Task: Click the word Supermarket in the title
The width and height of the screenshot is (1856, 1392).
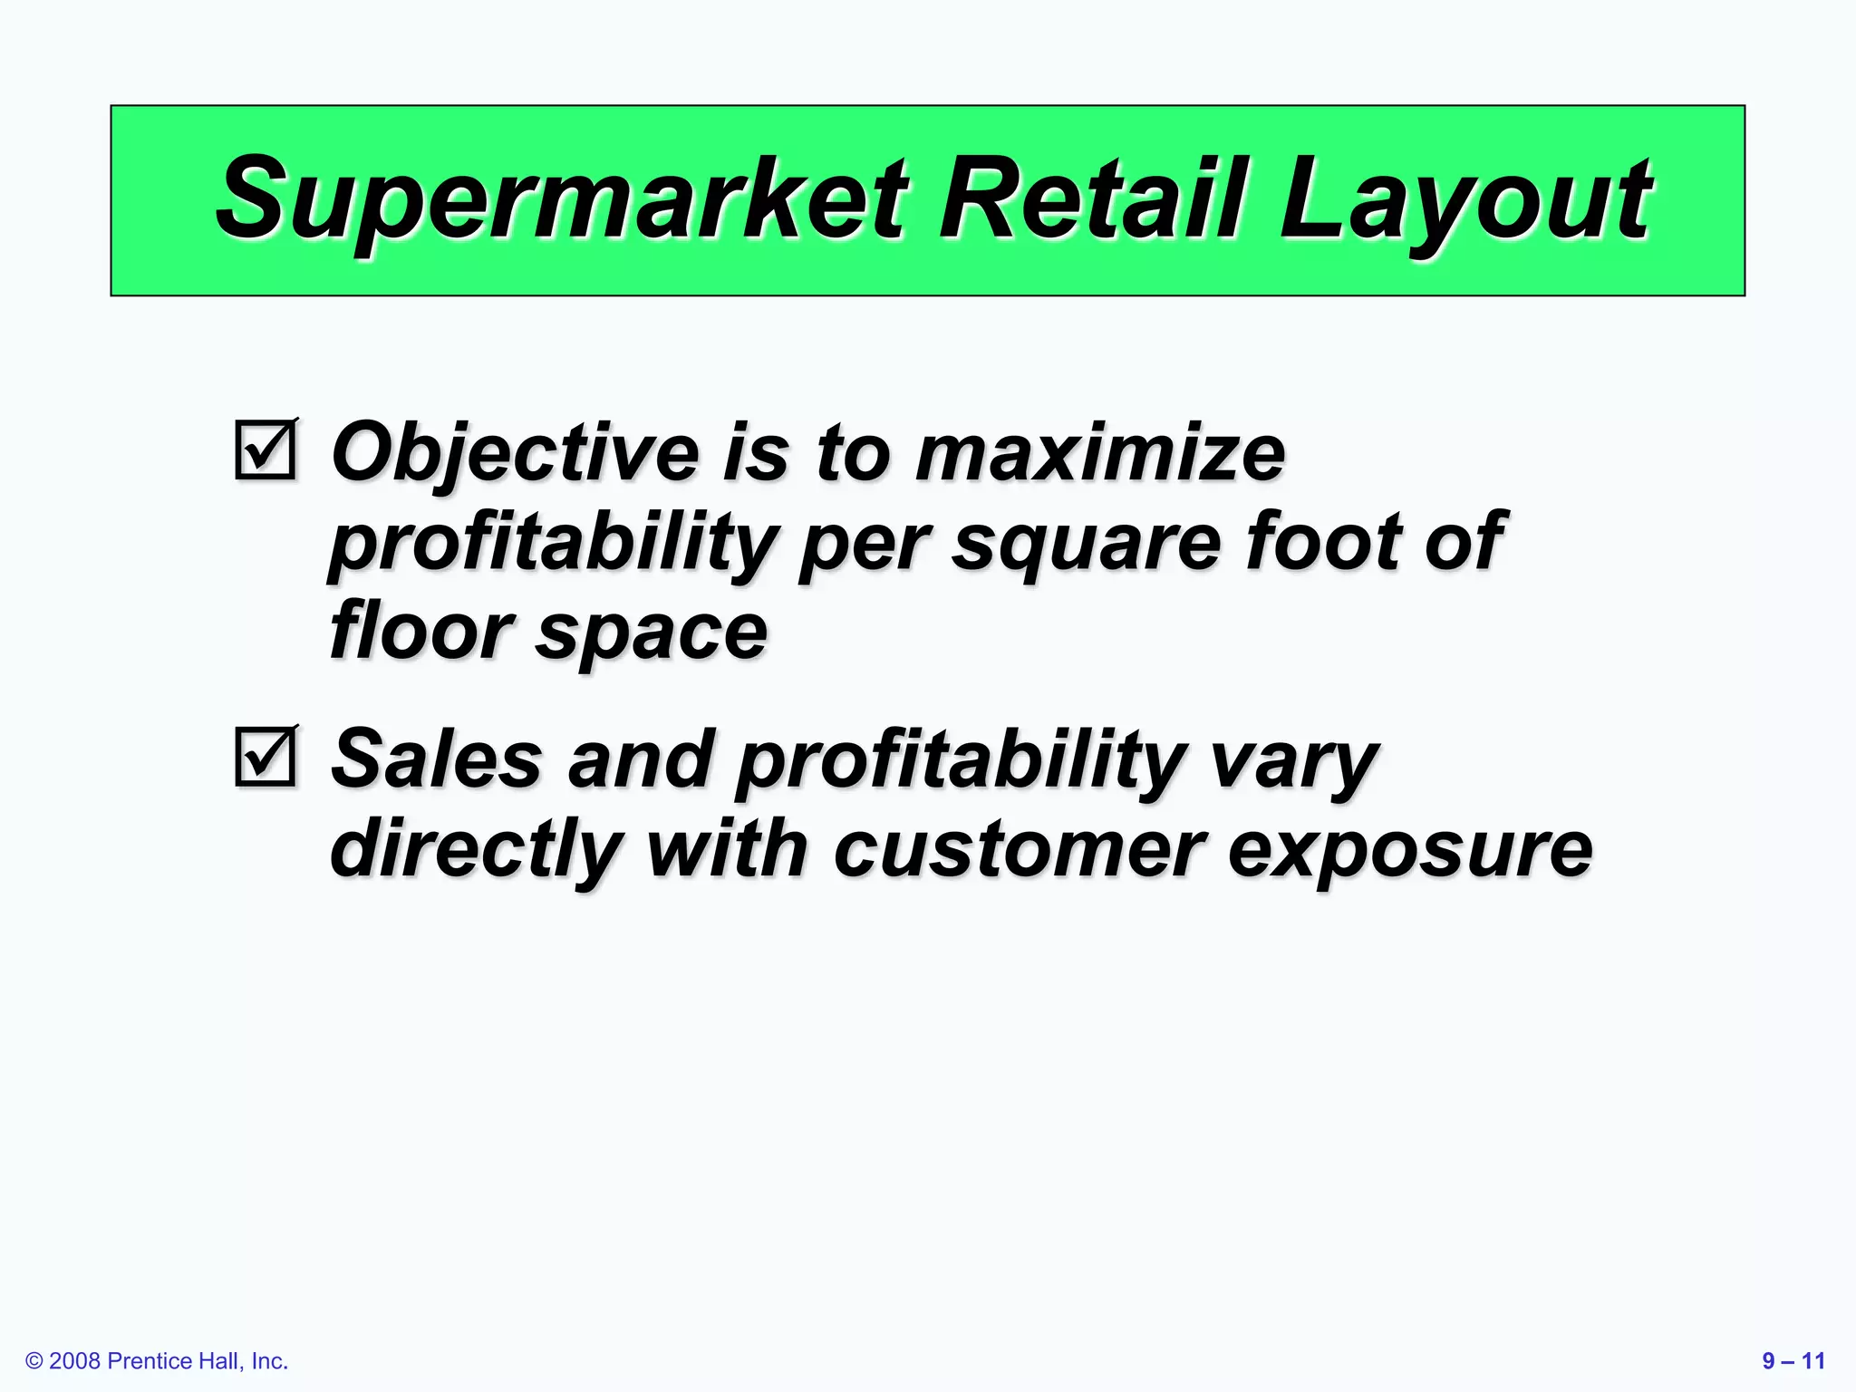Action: pos(562,199)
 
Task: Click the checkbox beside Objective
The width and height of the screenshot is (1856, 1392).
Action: pos(265,449)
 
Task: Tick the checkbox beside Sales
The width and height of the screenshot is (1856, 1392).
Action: pos(265,756)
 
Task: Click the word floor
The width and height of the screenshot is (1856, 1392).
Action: pos(420,631)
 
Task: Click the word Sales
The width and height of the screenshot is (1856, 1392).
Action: pos(436,759)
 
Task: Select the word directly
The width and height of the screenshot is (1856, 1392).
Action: pos(476,852)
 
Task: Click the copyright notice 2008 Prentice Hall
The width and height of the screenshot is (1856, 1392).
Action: pos(157,1361)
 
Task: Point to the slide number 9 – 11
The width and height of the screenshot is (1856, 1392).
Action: pos(1793,1361)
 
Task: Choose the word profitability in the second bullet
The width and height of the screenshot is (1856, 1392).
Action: pos(962,761)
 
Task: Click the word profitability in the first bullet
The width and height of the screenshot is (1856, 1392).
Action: pos(552,544)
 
